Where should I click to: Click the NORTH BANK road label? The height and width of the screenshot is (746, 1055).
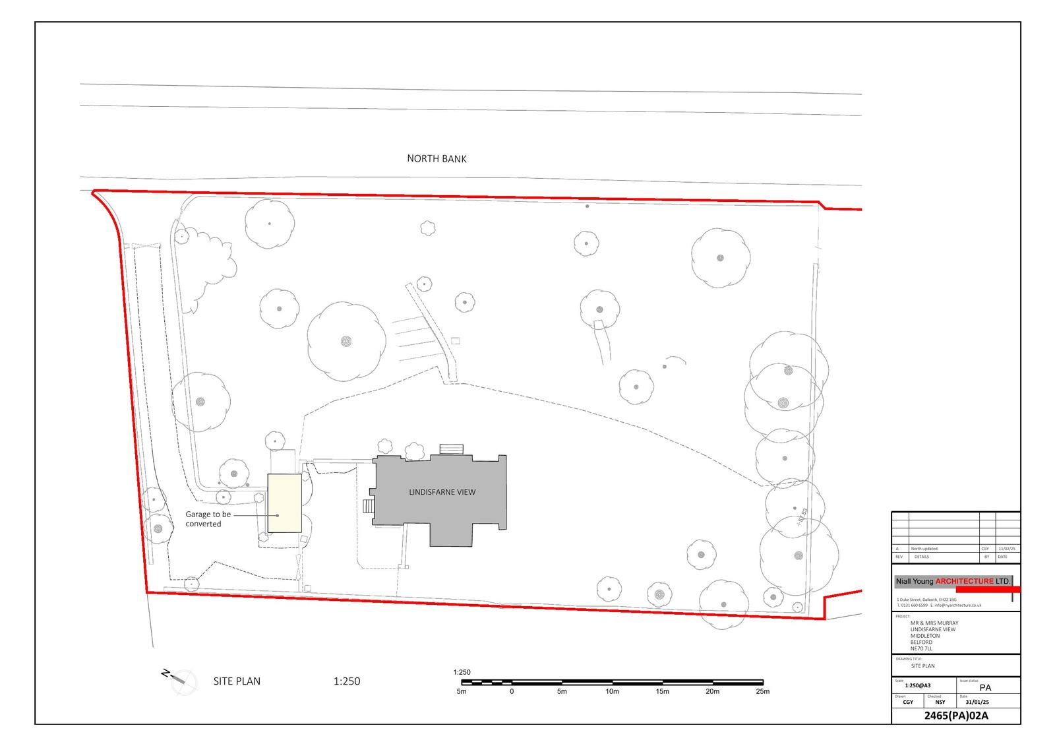437,158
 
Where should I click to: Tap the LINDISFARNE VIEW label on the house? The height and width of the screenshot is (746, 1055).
442,492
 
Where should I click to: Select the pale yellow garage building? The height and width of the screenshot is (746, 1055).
284,503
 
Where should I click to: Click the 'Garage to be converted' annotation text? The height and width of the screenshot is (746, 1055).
208,519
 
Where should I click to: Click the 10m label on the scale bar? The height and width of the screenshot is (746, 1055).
612,691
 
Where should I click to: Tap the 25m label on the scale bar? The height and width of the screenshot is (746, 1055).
762,691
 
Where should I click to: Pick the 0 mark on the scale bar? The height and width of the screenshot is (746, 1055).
512,691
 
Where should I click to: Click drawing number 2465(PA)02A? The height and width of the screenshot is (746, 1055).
955,716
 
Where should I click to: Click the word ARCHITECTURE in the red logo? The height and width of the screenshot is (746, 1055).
964,581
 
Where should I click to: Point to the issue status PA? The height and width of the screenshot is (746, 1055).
985,687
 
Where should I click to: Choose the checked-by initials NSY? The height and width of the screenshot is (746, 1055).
940,702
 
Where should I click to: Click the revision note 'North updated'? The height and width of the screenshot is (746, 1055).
924,549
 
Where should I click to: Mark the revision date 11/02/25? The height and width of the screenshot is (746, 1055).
1007,549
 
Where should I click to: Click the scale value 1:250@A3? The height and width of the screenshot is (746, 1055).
918,686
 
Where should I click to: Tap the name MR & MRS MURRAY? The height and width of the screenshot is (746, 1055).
934,623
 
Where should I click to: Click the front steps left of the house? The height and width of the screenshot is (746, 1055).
369,506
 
